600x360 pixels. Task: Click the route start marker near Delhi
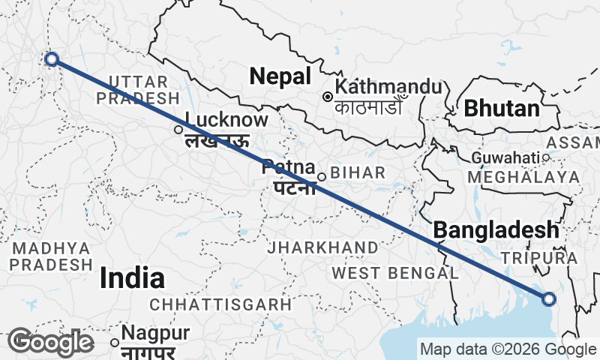51,59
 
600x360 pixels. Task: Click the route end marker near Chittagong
549,299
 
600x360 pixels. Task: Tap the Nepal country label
280,76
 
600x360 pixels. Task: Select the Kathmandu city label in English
388,86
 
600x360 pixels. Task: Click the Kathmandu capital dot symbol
328,97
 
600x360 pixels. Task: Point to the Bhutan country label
502,108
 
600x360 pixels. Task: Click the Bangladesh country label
496,229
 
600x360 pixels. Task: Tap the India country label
132,278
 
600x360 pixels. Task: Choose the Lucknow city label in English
226,120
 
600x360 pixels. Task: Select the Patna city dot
321,177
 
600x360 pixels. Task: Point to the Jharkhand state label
324,247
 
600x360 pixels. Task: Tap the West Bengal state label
394,272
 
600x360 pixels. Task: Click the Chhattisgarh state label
220,304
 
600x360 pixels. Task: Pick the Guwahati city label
505,158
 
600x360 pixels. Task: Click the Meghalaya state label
523,177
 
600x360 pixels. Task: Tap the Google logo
50,342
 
